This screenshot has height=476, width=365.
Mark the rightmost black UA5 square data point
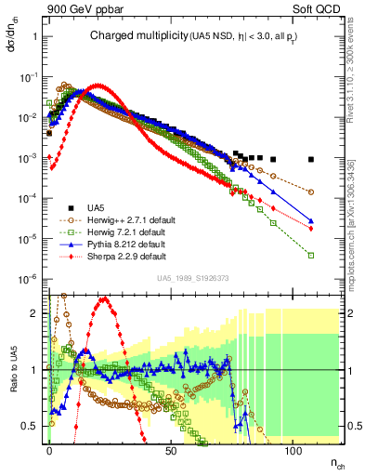tap(311, 159)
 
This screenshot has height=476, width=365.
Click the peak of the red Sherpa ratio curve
tap(104, 299)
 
